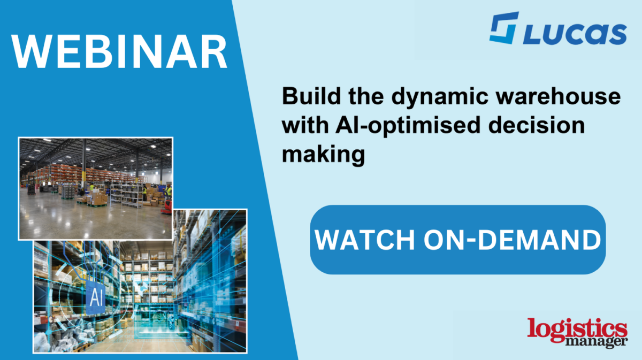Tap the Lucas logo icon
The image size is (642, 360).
pyautogui.click(x=504, y=28)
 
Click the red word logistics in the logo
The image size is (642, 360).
pyautogui.click(x=577, y=328)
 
